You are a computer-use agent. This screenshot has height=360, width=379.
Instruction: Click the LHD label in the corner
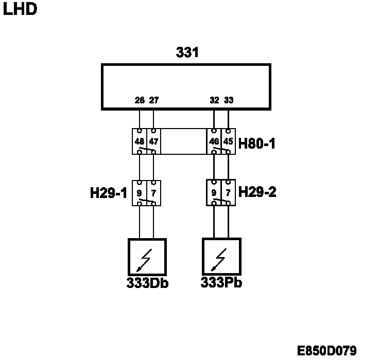[20, 10]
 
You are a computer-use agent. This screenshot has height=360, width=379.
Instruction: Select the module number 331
[187, 52]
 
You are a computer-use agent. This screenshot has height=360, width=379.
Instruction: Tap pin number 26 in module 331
[140, 100]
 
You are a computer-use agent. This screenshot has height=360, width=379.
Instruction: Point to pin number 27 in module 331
[153, 100]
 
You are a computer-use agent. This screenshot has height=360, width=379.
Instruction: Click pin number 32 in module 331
[215, 100]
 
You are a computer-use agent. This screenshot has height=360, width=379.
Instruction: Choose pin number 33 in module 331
[229, 100]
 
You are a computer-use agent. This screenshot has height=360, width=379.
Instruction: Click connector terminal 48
[140, 141]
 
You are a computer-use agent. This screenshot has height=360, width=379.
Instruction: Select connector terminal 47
[153, 141]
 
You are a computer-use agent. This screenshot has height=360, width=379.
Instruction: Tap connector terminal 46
[214, 141]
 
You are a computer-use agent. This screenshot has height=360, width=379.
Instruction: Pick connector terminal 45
[228, 141]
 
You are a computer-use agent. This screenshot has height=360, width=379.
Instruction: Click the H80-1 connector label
[257, 143]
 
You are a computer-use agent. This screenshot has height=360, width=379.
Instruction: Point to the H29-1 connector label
[108, 193]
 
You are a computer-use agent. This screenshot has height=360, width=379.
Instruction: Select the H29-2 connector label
[257, 192]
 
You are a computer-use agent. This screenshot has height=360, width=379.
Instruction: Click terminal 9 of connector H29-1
[140, 193]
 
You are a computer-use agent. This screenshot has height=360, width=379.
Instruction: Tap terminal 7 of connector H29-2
[228, 192]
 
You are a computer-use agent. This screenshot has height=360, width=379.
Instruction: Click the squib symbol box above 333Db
[147, 257]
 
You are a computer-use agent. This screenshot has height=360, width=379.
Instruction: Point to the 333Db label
[148, 283]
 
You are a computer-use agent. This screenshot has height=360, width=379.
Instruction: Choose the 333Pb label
[221, 283]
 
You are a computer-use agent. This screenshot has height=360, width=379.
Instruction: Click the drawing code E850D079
[328, 351]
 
